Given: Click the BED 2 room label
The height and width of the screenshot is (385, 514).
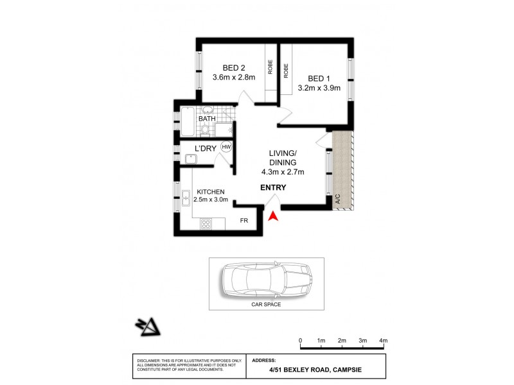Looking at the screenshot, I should point(234,67).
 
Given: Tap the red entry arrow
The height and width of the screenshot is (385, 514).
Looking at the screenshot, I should point(272,217).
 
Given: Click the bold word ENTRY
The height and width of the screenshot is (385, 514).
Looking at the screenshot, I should point(273,188).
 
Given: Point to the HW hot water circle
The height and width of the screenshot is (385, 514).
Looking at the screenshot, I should point(226,147).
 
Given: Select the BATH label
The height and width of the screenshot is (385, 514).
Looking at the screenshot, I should point(206,119).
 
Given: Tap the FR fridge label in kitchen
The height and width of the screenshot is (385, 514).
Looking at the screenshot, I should point(244,221).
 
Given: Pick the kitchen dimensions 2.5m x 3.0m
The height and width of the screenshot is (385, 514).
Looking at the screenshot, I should point(211,200).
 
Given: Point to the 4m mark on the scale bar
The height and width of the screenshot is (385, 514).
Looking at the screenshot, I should point(384,340).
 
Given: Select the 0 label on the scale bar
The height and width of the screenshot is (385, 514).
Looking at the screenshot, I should point(301,340).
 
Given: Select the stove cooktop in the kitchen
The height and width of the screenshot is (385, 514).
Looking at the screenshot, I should point(207,224).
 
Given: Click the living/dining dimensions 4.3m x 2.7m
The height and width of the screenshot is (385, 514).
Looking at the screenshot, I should point(283,171).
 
